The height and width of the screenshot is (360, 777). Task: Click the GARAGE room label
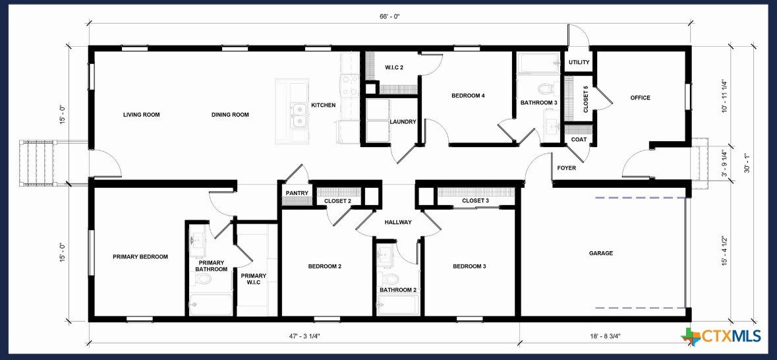coord(600,253)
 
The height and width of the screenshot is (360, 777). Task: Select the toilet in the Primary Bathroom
coord(204,279)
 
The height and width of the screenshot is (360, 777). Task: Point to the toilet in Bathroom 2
coord(390,278)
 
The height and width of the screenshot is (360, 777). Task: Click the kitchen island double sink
coord(299,115)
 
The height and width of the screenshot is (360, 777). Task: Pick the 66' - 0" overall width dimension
coord(389,16)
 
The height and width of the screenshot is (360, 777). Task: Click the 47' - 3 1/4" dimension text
coord(304,336)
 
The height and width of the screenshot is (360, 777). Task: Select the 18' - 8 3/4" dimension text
coord(604,336)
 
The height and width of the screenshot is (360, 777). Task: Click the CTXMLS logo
coord(721,336)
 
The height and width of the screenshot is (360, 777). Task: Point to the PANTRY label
coord(297,193)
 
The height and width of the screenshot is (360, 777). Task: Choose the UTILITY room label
coord(579,63)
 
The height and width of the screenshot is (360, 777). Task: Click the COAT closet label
coord(579,140)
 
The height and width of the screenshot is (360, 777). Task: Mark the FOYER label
coord(566,168)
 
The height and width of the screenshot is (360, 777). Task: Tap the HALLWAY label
coord(398,223)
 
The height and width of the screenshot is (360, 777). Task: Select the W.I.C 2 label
coord(394,67)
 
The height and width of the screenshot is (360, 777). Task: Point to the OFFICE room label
coord(640,98)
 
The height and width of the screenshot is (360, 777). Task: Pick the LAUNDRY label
coord(403,122)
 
